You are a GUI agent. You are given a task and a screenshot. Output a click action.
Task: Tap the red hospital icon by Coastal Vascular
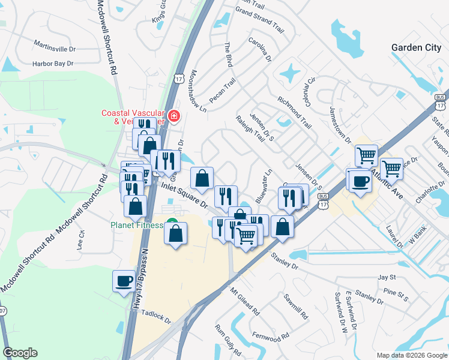pyautogui.click(x=173, y=115)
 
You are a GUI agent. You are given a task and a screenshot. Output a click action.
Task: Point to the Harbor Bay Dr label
pyautogui.click(x=53, y=63)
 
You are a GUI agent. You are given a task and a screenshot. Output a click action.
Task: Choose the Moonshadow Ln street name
pyautogui.click(x=197, y=91)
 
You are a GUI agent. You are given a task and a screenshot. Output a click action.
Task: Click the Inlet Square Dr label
pyautogui.click(x=184, y=196)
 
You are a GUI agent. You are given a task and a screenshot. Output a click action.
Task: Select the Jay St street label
pyautogui.click(x=387, y=277)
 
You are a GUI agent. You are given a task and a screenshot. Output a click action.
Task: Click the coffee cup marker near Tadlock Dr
pyautogui.click(x=124, y=280)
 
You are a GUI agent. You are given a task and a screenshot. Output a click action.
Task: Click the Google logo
pyautogui.click(x=20, y=353)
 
